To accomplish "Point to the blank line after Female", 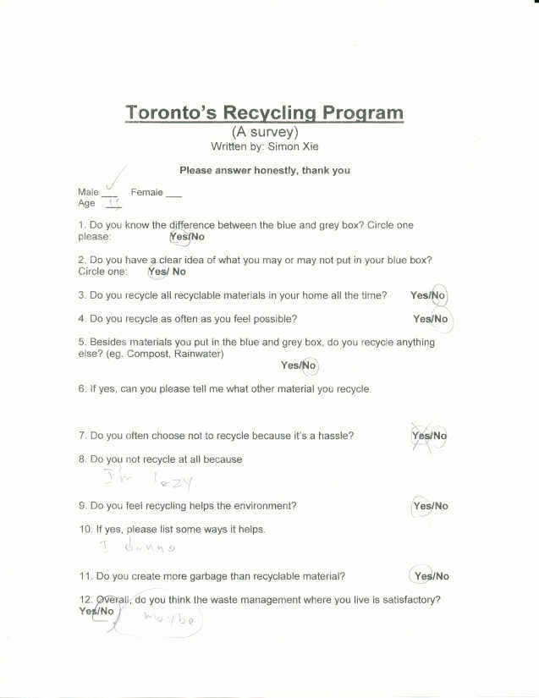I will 173,194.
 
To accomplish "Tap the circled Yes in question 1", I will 179,237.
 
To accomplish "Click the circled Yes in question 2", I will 158,272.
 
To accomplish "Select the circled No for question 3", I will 439,295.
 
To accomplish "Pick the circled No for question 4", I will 441,319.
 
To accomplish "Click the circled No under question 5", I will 309,365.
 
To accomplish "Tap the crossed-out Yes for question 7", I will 421,436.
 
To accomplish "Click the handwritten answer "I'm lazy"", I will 148,481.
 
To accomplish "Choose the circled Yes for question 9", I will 421,506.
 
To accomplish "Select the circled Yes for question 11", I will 422,576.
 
